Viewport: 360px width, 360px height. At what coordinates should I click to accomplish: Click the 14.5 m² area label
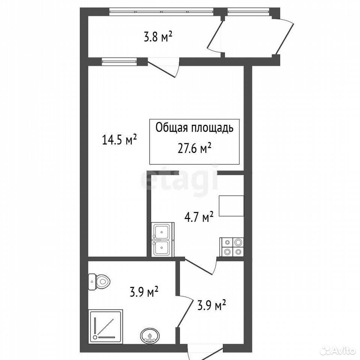click(x=119, y=139)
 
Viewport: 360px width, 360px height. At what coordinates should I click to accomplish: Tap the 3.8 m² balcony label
click(x=158, y=37)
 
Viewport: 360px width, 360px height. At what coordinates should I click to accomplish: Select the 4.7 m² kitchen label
click(x=199, y=217)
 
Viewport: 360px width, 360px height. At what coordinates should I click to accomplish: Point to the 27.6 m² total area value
click(x=194, y=148)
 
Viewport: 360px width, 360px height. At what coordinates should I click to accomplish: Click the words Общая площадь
click(x=195, y=127)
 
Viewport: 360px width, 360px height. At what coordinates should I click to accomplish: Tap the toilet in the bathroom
click(x=99, y=282)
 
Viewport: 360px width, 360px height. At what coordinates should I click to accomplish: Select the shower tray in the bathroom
click(x=106, y=326)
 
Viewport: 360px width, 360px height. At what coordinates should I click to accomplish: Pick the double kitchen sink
click(x=163, y=239)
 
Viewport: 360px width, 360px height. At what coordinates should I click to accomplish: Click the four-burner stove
click(x=232, y=247)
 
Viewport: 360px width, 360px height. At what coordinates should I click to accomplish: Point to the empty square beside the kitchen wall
click(x=231, y=206)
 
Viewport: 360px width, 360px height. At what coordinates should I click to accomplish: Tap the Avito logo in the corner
click(x=338, y=350)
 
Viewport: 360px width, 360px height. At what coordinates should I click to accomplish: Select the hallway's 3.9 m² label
click(x=211, y=305)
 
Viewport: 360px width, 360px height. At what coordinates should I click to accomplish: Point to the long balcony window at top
click(x=161, y=12)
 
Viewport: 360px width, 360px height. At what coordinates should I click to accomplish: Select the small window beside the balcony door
click(x=119, y=61)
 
